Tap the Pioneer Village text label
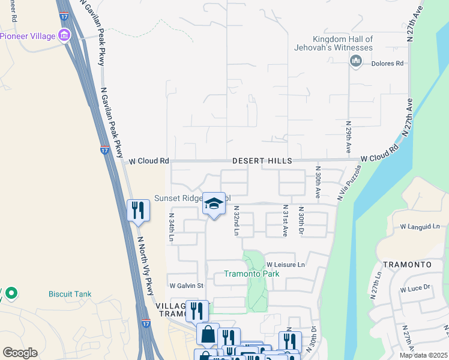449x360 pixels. (x=28, y=36)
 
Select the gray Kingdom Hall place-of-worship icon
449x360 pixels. (x=356, y=60)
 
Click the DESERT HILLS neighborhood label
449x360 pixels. (x=262, y=161)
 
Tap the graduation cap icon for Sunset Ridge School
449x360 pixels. (x=214, y=204)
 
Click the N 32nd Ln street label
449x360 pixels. (x=237, y=223)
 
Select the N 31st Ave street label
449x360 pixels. (x=285, y=221)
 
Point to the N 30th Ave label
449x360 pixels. (x=318, y=182)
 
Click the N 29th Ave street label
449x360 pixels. (x=348, y=137)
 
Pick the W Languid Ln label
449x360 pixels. (x=420, y=227)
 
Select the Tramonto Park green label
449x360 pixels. (x=252, y=274)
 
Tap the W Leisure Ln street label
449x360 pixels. (x=286, y=265)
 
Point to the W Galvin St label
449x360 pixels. (x=187, y=286)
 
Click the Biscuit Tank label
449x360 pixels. (x=71, y=294)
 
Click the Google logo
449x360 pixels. (x=20, y=353)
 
